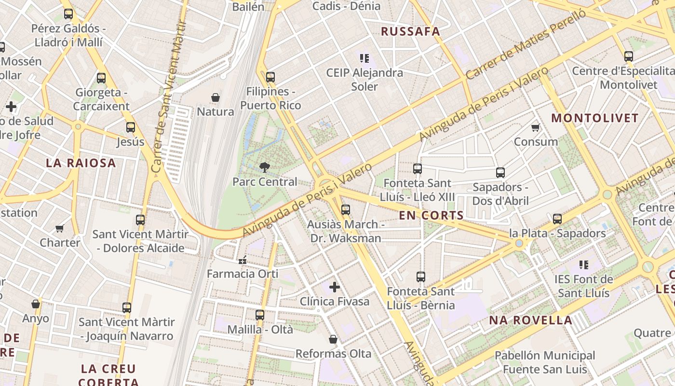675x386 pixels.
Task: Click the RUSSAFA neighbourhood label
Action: tap(410, 32)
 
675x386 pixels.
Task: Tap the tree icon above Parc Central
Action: tap(264, 167)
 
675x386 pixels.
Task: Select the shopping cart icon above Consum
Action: tap(535, 127)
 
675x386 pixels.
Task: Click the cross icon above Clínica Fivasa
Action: tap(335, 288)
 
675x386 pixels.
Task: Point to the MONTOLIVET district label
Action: tap(595, 118)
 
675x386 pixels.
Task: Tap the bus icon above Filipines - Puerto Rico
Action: tap(270, 77)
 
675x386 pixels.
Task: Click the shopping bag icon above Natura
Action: tap(216, 97)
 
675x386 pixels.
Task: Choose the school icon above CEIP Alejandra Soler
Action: tap(364, 58)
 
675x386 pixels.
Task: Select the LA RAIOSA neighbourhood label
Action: tap(81, 163)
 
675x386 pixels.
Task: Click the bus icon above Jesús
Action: tap(131, 127)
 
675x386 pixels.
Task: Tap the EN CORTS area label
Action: tap(432, 216)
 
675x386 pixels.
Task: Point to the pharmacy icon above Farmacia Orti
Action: tap(243, 260)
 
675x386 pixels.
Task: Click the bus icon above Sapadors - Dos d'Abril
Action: tap(500, 173)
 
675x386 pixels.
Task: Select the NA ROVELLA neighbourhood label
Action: tap(531, 320)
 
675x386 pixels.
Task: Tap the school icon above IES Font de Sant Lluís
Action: tap(584, 265)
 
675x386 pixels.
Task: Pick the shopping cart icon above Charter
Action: tap(60, 228)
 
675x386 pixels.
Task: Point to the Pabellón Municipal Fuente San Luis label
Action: tap(545, 362)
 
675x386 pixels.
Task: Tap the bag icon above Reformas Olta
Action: tap(333, 339)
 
